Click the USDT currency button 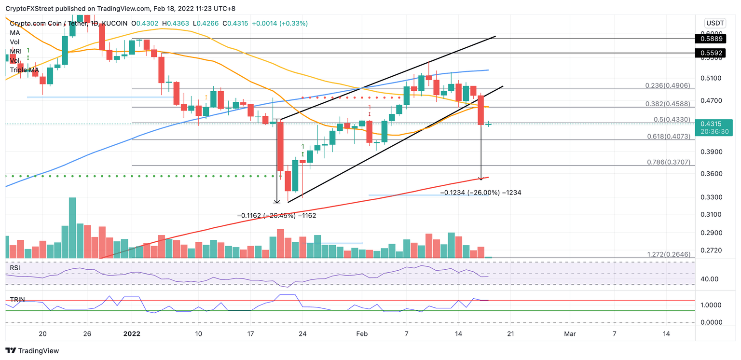click(714, 23)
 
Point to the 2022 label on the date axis click(132, 333)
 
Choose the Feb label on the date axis click(362, 333)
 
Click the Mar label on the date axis click(570, 333)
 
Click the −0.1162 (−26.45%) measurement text click(276, 216)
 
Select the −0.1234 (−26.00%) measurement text click(481, 193)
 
